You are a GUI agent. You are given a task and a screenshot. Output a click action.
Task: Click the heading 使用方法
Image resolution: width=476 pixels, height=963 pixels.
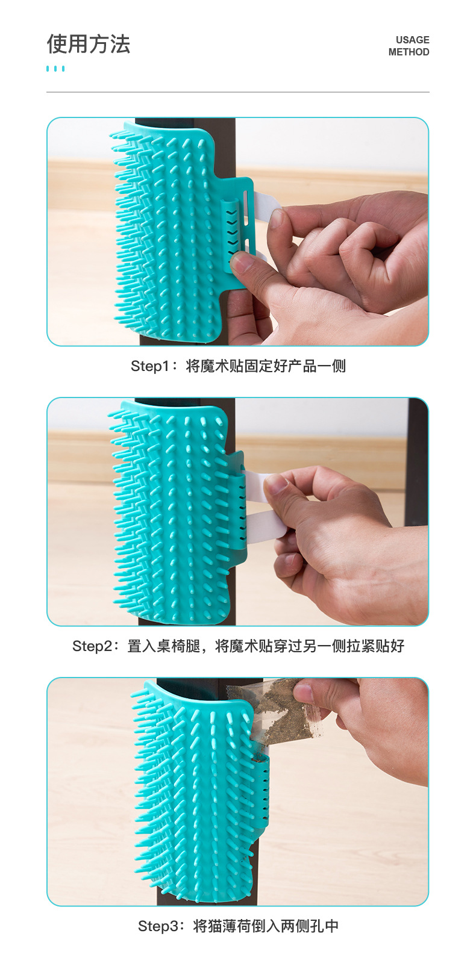[88, 44]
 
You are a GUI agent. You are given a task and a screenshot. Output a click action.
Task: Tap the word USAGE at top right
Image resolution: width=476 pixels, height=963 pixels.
[412, 40]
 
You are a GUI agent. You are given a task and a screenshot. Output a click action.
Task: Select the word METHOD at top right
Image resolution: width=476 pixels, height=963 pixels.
[409, 52]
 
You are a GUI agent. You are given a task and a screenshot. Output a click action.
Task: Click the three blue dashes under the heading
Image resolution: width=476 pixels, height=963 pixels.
[55, 69]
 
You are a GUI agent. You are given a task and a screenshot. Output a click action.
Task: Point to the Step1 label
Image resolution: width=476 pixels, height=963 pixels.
[149, 366]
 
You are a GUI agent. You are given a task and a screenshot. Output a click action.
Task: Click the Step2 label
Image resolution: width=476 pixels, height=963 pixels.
[91, 646]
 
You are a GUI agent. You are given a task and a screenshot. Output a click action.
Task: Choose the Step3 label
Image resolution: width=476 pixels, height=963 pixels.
[157, 926]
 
